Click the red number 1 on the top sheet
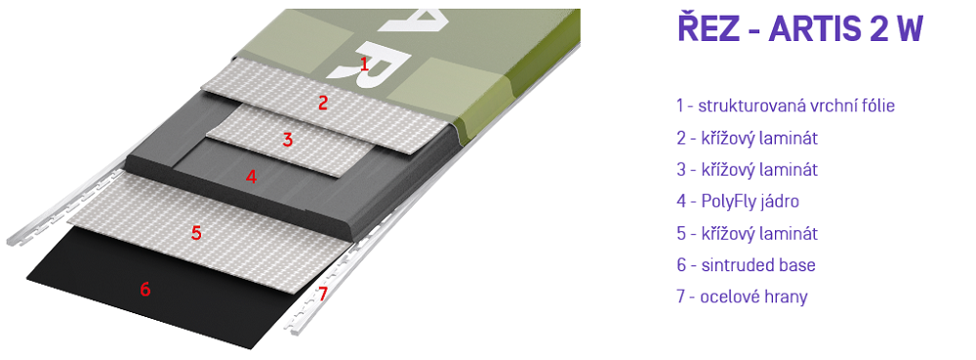pyautogui.click(x=365, y=62)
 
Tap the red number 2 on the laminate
pyautogui.click(x=322, y=103)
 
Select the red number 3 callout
pyautogui.click(x=288, y=140)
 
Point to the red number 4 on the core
pyautogui.click(x=251, y=177)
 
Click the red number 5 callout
pyautogui.click(x=197, y=233)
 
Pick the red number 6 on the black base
pyautogui.click(x=145, y=289)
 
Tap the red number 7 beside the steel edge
pyautogui.click(x=322, y=294)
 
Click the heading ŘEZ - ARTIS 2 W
pyautogui.click(x=800, y=28)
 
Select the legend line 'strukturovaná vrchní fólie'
pyautogui.click(x=796, y=106)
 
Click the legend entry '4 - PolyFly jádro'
pyautogui.click(x=738, y=201)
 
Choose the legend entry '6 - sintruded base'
pyautogui.click(x=746, y=264)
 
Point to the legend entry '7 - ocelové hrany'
pyautogui.click(x=742, y=297)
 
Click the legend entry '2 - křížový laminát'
pyautogui.click(x=747, y=138)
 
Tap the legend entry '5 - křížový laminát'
pyautogui.click(x=747, y=233)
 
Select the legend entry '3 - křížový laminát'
pyautogui.click(x=747, y=170)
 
